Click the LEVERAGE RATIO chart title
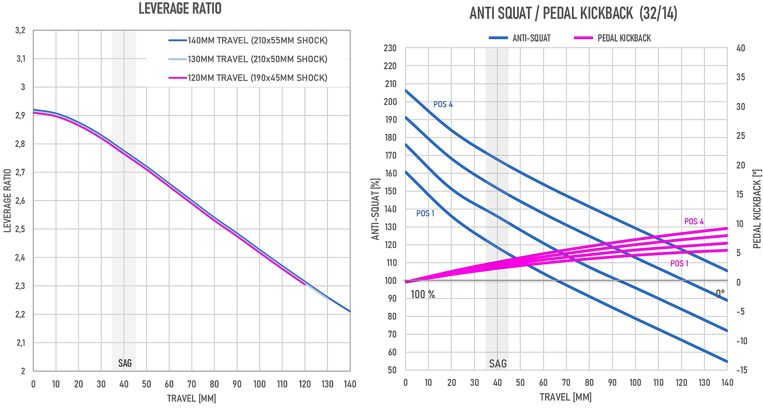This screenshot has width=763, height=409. [180, 9]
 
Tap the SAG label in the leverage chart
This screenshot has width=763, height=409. [125, 363]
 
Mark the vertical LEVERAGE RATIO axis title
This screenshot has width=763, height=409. [8, 201]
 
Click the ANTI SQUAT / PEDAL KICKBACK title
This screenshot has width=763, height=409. [573, 13]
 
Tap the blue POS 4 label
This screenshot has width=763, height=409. [443, 104]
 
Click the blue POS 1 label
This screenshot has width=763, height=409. [425, 214]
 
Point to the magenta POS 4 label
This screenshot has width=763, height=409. [694, 222]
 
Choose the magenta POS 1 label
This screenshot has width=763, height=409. [679, 264]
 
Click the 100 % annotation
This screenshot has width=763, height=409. [423, 294]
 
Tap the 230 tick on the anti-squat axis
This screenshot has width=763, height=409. [390, 48]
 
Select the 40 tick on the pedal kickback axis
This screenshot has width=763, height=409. [740, 48]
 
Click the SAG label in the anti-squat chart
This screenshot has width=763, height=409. [498, 364]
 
